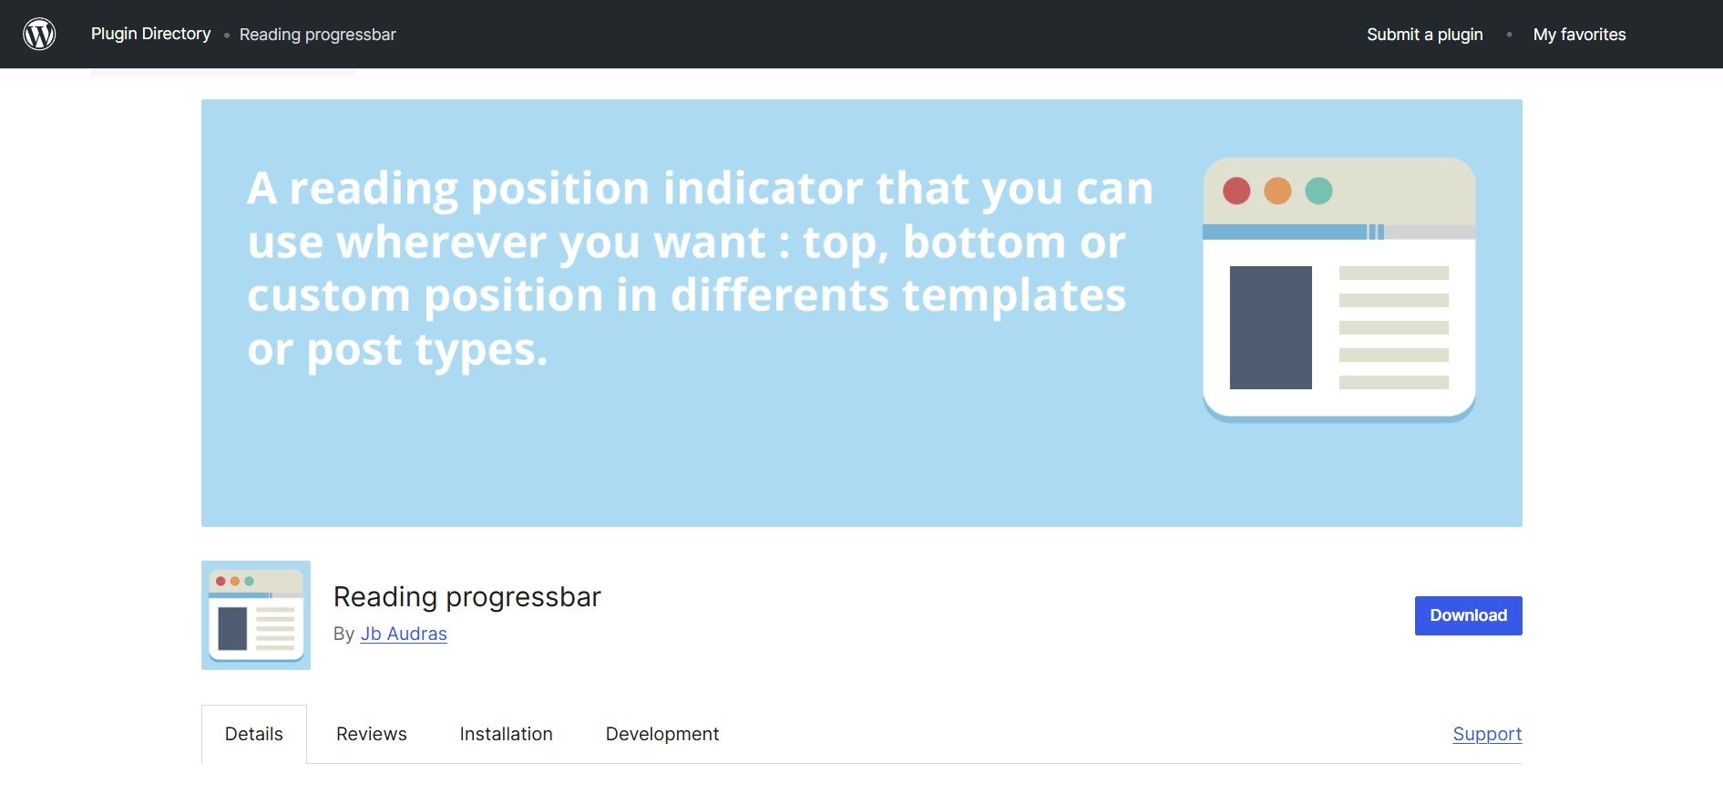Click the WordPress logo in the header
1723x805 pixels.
pyautogui.click(x=39, y=35)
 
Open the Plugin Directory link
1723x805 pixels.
pyautogui.click(x=150, y=34)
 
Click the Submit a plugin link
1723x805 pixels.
pyautogui.click(x=1424, y=35)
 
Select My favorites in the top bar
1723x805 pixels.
pyautogui.click(x=1579, y=35)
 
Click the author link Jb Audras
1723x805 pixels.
pyautogui.click(x=404, y=634)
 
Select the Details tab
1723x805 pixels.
pyautogui.click(x=253, y=734)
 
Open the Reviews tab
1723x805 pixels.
pyautogui.click(x=371, y=734)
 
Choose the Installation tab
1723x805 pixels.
pyautogui.click(x=506, y=734)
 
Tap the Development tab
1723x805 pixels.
pyautogui.click(x=662, y=734)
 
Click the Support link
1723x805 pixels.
pyautogui.click(x=1487, y=734)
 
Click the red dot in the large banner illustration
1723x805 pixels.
pyautogui.click(x=1236, y=191)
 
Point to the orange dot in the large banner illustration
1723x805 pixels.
pyautogui.click(x=1277, y=191)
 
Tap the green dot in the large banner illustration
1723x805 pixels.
pyautogui.click(x=1318, y=191)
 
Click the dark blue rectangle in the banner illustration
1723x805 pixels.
pyautogui.click(x=1270, y=327)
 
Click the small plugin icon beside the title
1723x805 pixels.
pyautogui.click(x=256, y=615)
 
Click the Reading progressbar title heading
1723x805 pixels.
pyautogui.click(x=467, y=596)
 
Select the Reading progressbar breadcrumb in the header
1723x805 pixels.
pyautogui.click(x=317, y=35)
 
